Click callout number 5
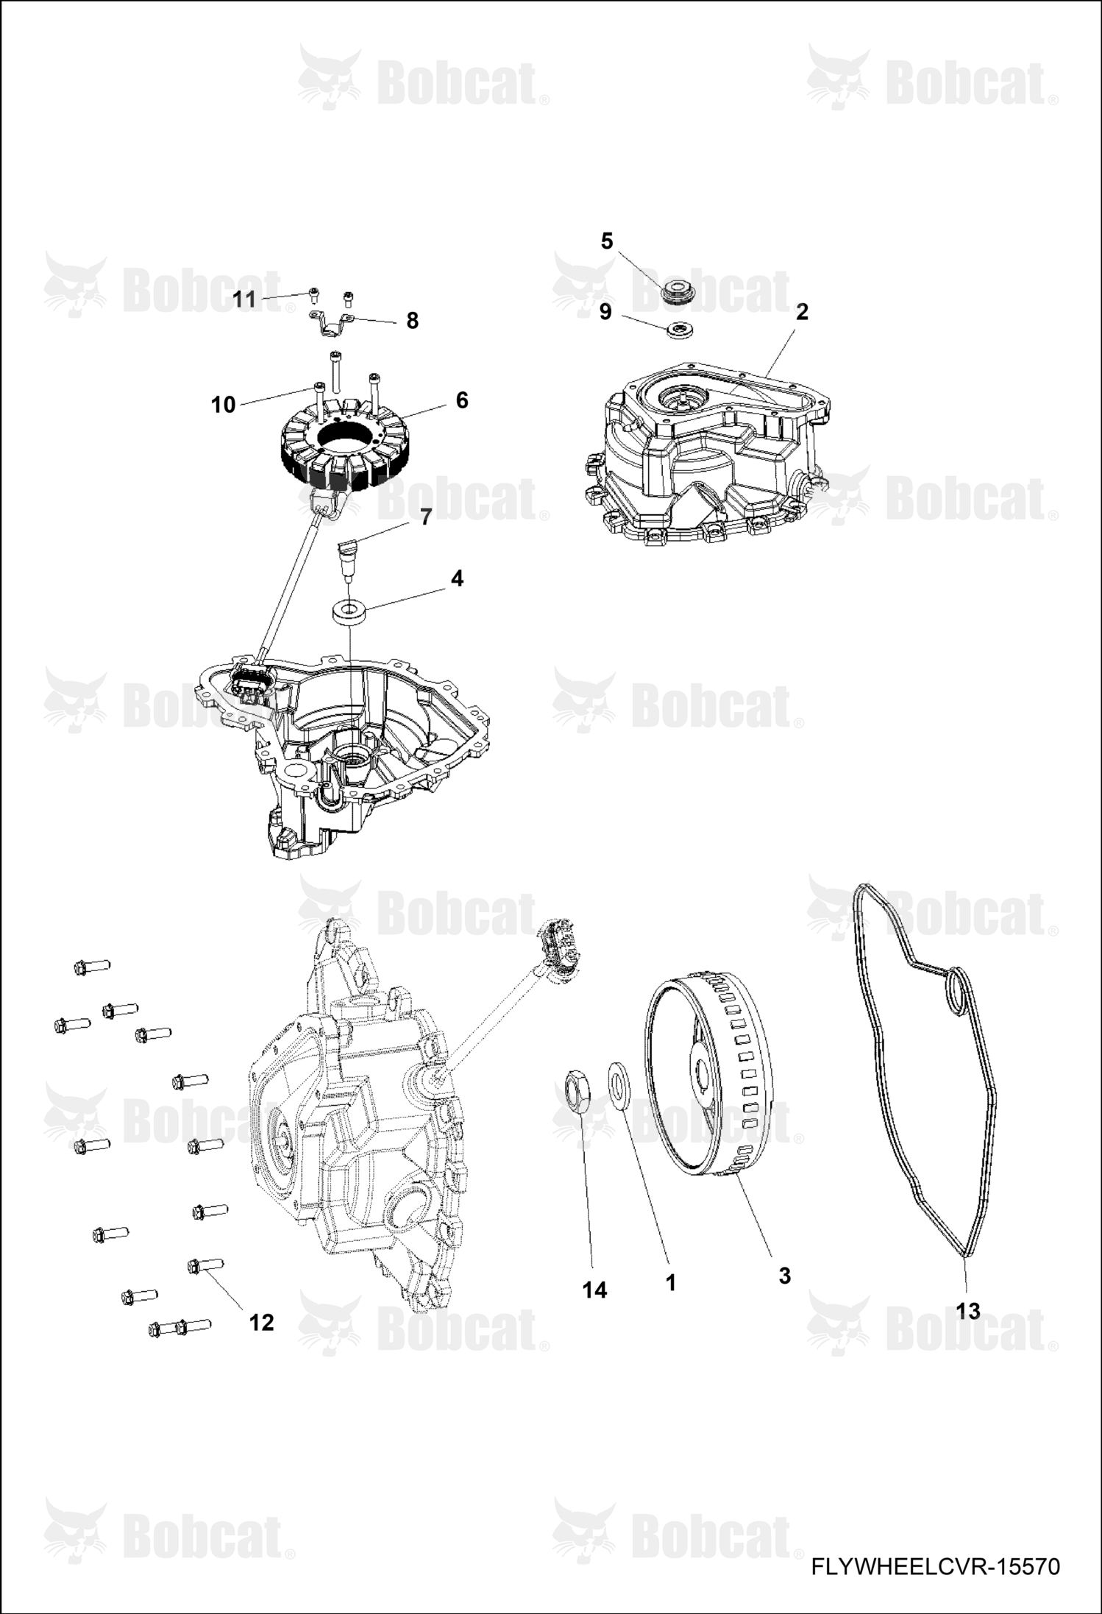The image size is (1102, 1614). (x=607, y=241)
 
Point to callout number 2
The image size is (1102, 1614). (x=802, y=312)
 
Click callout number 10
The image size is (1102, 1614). (x=223, y=405)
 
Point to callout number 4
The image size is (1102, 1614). (x=457, y=579)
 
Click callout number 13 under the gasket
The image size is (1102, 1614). (x=968, y=1311)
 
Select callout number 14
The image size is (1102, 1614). (x=594, y=1290)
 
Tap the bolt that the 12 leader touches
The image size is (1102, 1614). (x=205, y=1265)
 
